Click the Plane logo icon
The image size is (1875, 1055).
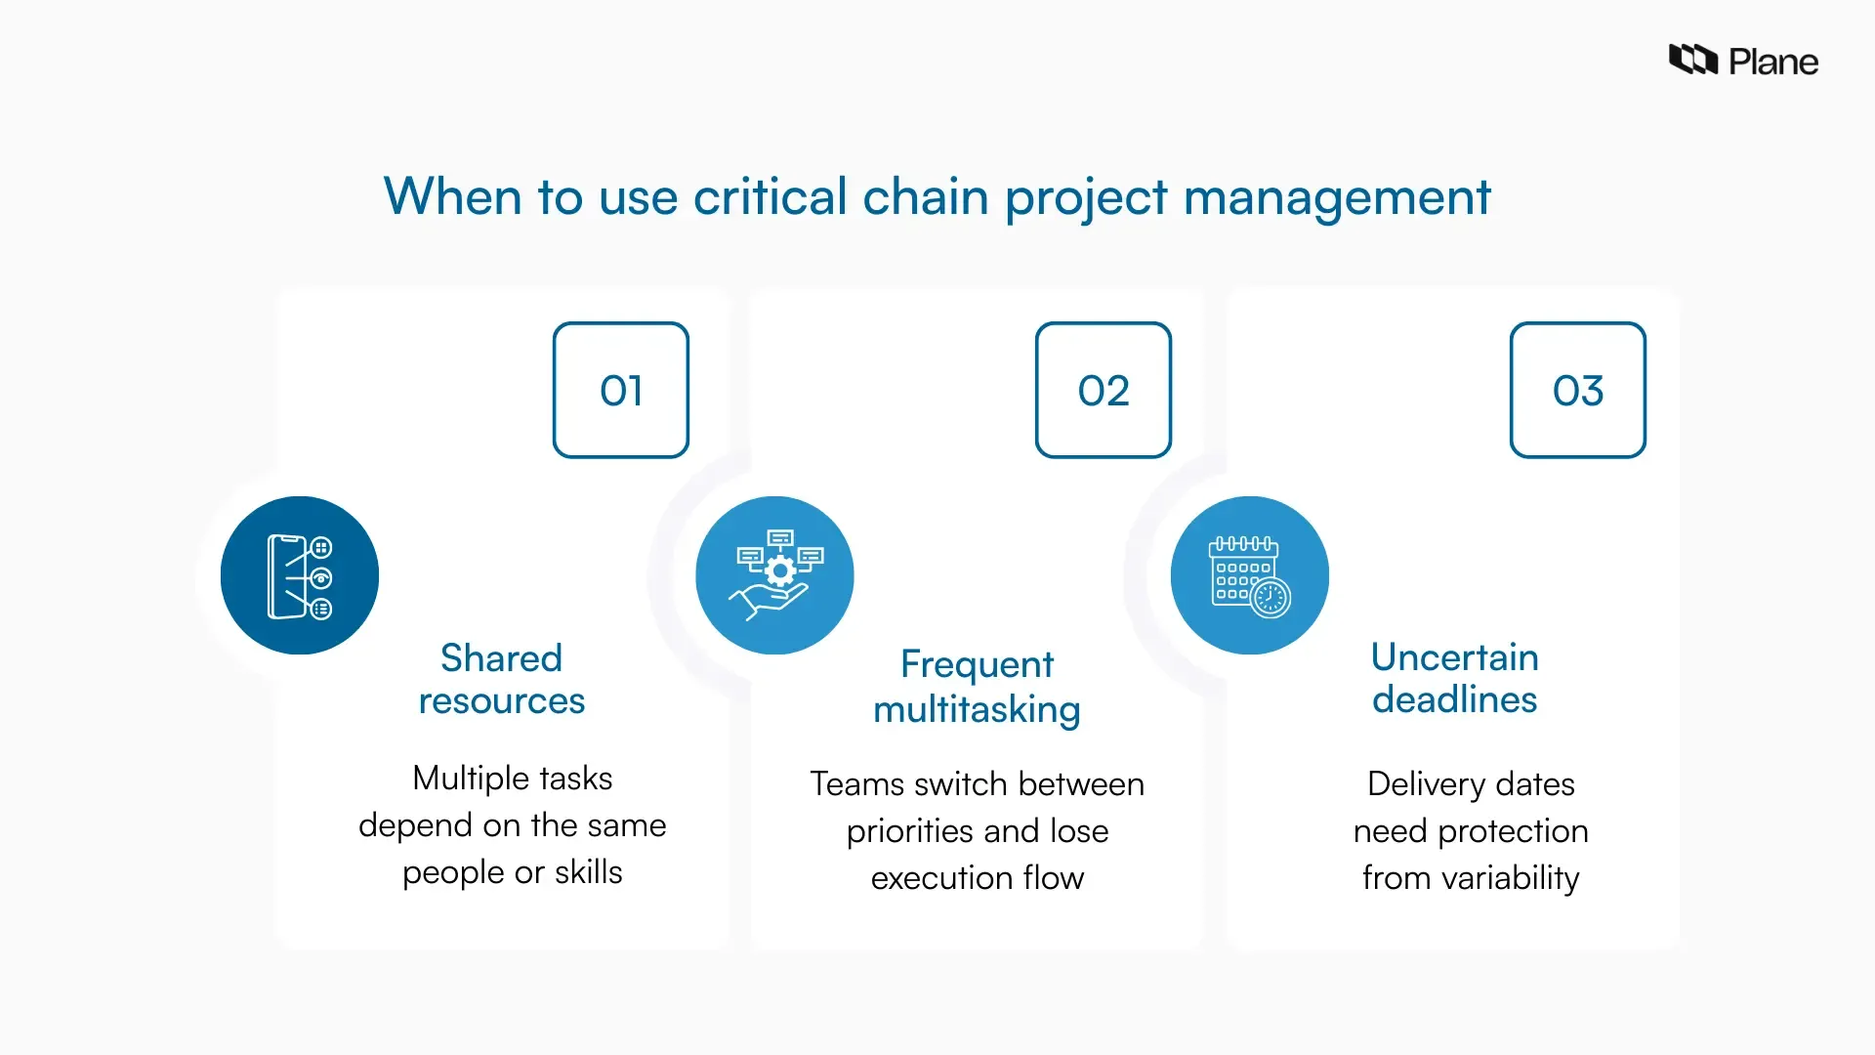pyautogui.click(x=1692, y=60)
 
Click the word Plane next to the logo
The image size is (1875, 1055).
pyautogui.click(x=1772, y=63)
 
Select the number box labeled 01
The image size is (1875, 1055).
pyautogui.click(x=621, y=390)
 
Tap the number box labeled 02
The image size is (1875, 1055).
pyautogui.click(x=1104, y=390)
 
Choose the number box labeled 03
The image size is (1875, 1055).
pyautogui.click(x=1578, y=390)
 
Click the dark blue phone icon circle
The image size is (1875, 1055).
pyautogui.click(x=300, y=575)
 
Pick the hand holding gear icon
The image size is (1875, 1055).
pyautogui.click(x=774, y=575)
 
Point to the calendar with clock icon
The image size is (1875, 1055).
pyautogui.click(x=1250, y=575)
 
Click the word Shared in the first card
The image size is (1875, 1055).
pyautogui.click(x=501, y=658)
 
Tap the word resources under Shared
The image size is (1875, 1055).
pyautogui.click(x=501, y=701)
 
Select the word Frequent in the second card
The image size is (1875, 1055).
pyautogui.click(x=977, y=664)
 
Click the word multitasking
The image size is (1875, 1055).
pyautogui.click(x=977, y=709)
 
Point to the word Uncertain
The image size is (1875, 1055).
pyautogui.click(x=1454, y=657)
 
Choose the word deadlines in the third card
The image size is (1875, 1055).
pyautogui.click(x=1454, y=700)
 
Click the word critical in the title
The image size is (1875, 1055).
pyautogui.click(x=770, y=196)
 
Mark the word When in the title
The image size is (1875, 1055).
pyautogui.click(x=452, y=196)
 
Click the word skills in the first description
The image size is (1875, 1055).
pyautogui.click(x=588, y=871)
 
